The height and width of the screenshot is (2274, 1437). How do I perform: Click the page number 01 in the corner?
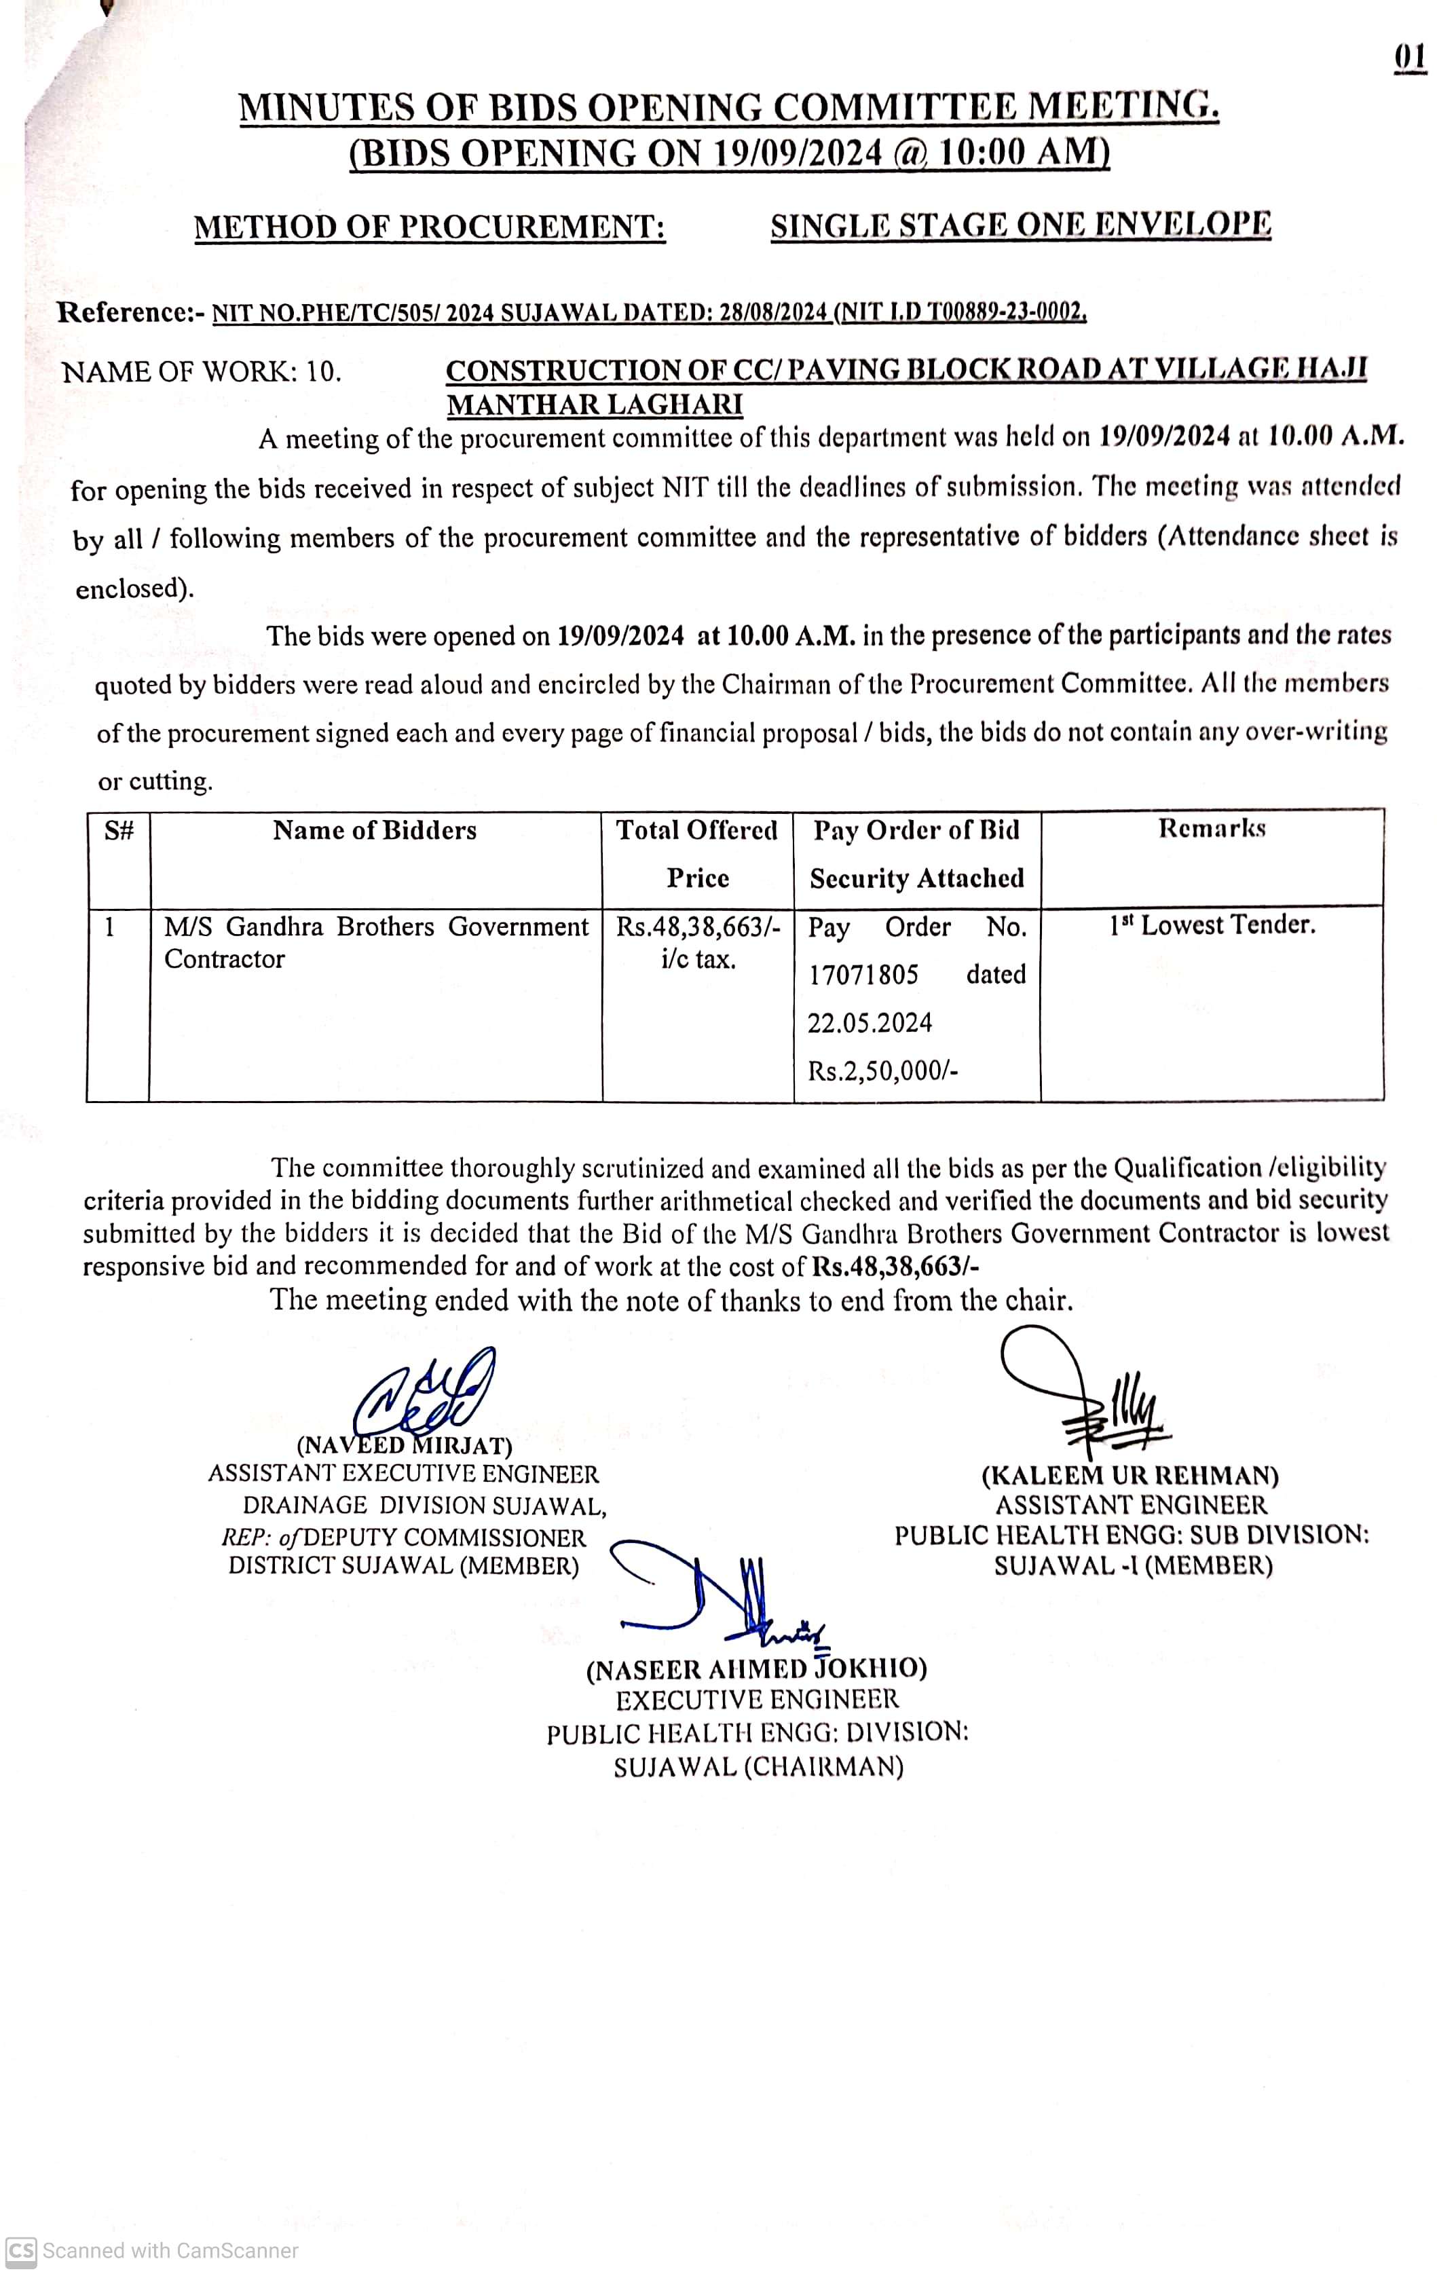(x=1410, y=58)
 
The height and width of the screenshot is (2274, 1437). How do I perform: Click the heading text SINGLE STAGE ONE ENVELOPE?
(x=1021, y=225)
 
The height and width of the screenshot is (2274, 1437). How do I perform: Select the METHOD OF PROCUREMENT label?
(x=430, y=227)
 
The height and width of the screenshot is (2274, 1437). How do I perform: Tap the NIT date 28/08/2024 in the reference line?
(x=772, y=312)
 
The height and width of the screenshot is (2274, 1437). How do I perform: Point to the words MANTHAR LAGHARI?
(x=594, y=405)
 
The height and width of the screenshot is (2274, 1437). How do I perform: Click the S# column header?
(x=119, y=831)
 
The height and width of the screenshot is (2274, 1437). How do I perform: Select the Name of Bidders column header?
(x=375, y=831)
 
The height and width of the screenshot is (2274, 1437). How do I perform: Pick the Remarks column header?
(x=1212, y=829)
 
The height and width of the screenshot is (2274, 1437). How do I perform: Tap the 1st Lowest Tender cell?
(x=1212, y=925)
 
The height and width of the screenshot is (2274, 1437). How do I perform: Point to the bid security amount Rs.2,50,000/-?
(x=883, y=1071)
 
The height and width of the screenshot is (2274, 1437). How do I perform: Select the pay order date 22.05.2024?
(x=870, y=1023)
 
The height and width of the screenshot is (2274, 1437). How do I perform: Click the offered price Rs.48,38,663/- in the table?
(x=698, y=927)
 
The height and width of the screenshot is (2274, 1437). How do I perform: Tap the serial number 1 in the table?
(x=109, y=927)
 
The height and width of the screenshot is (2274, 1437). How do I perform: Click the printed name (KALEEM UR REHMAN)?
(x=1130, y=1476)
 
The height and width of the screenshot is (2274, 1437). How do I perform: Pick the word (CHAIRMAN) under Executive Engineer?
(x=823, y=1767)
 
